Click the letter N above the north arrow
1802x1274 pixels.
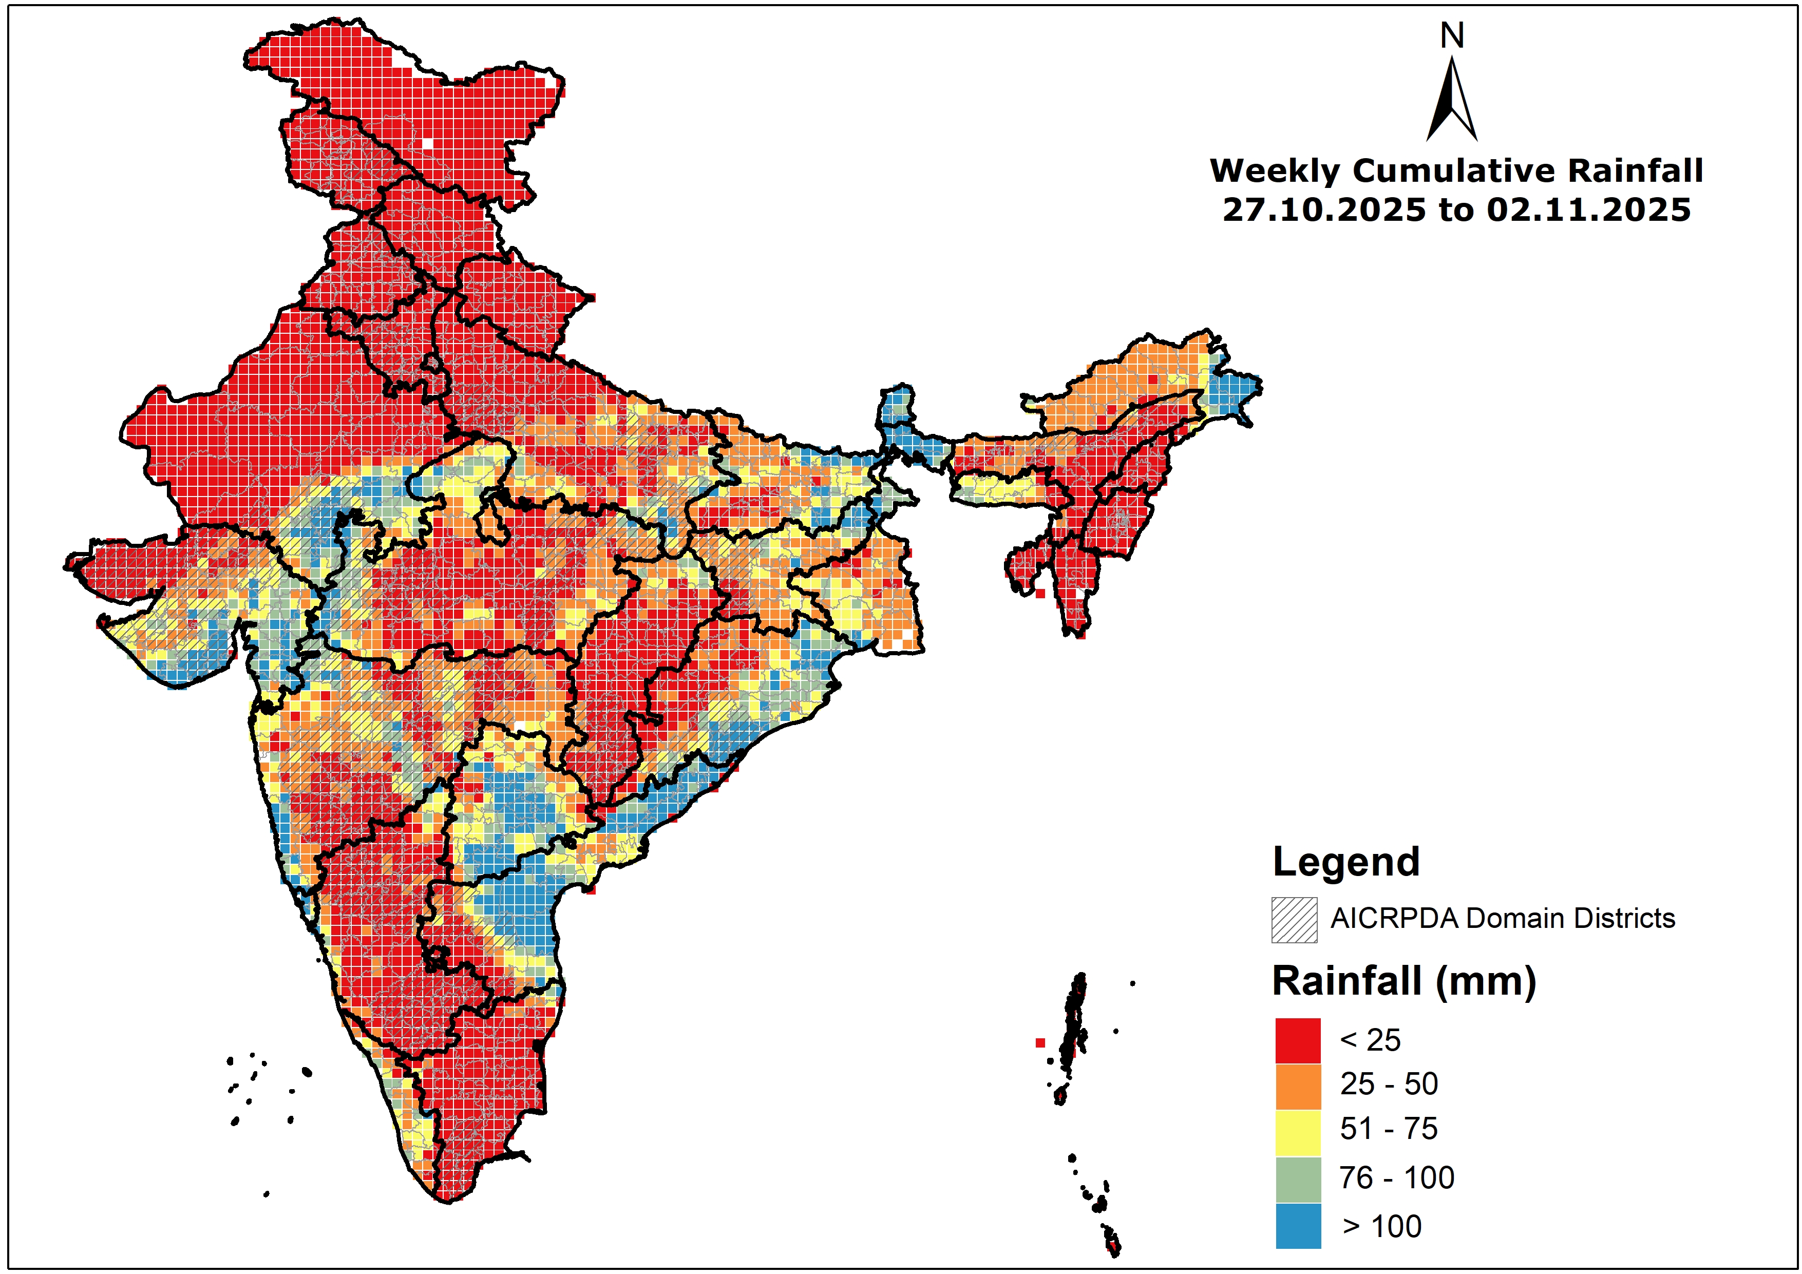(1452, 36)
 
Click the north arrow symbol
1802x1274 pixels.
(1452, 102)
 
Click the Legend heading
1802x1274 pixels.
(1346, 862)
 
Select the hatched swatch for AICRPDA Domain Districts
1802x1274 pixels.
(1294, 919)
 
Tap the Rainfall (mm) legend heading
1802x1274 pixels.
(1404, 981)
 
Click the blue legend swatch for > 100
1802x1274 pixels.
(1298, 1225)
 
